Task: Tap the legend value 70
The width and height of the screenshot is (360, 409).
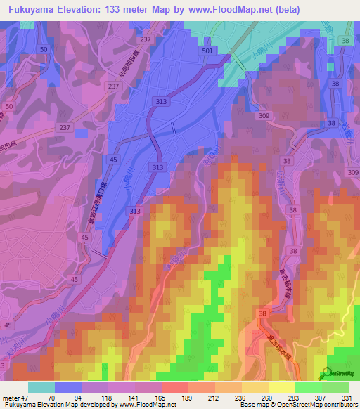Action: (51, 397)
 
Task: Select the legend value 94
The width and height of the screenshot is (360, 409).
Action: (78, 397)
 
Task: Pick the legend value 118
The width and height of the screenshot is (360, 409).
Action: (105, 397)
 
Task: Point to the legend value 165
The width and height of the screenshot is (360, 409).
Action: (160, 397)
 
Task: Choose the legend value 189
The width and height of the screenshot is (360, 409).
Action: (186, 397)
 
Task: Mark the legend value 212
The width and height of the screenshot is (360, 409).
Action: (213, 397)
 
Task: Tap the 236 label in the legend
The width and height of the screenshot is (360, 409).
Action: (240, 397)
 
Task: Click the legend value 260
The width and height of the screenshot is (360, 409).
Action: (267, 397)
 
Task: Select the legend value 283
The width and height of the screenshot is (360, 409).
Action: (294, 397)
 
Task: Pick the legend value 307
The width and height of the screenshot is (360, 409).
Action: (321, 397)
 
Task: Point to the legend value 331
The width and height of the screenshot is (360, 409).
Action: (348, 397)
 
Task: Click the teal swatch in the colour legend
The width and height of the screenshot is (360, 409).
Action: (41, 387)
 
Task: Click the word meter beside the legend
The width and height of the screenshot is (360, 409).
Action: (13, 397)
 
